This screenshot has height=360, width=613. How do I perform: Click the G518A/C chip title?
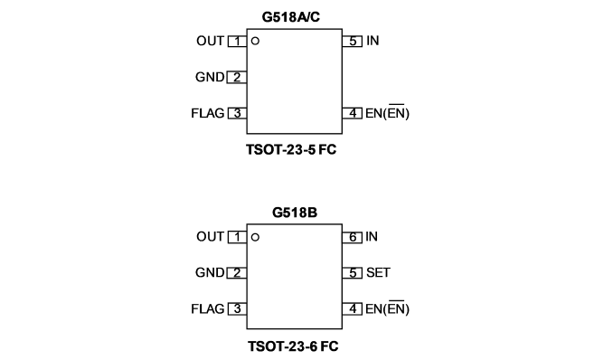coord(291,17)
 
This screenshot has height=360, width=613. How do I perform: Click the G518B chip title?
coord(295,213)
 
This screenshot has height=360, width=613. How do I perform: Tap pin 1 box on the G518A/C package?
coord(237,41)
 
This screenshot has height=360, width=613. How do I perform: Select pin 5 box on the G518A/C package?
coord(353,41)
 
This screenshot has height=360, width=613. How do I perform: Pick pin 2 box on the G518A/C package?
coord(237,77)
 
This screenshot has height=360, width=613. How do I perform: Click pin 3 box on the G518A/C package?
coord(237,113)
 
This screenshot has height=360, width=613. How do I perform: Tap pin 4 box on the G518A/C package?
coord(353,113)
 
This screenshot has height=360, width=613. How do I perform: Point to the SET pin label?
coord(378,273)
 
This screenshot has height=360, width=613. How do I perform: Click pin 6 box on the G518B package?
coord(353,237)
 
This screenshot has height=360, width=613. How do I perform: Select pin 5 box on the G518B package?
coord(353,273)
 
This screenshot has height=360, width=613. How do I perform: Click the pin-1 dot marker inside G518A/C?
coord(255,41)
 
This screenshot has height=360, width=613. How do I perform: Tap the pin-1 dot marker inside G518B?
coord(255,237)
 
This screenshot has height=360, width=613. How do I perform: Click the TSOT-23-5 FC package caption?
coord(291,149)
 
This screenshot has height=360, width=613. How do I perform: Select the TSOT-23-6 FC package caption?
coord(293,346)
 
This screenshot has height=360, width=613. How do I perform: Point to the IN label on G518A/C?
coord(373,41)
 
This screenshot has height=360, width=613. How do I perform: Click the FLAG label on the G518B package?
coord(208,309)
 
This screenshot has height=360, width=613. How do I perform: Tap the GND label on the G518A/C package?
coord(210,77)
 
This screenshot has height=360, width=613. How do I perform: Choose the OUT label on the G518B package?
coord(211,237)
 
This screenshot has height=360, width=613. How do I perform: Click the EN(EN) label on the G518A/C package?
coord(387,113)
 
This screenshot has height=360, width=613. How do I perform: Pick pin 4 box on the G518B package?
coord(353,308)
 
